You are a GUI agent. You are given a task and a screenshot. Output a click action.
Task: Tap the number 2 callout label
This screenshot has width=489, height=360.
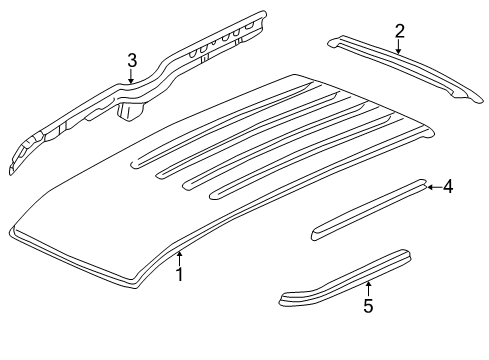(399, 31)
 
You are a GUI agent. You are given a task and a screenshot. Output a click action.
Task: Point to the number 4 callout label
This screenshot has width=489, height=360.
(448, 186)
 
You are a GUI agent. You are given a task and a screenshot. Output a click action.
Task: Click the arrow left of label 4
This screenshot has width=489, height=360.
(432, 186)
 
